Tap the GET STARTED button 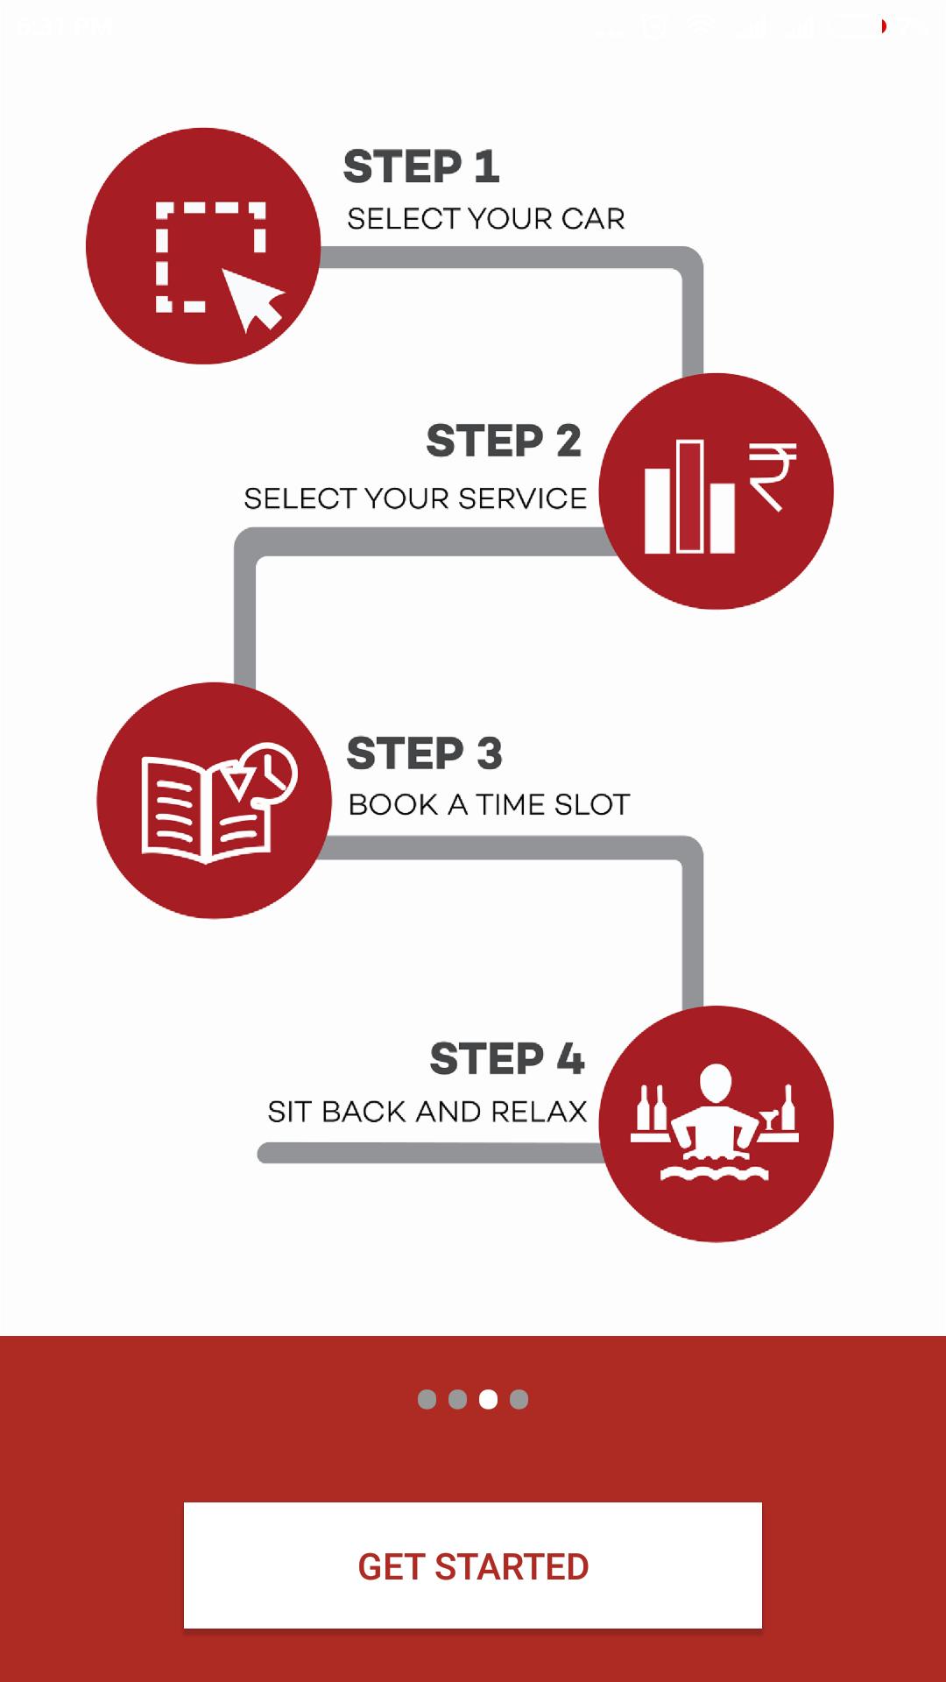[x=473, y=1565]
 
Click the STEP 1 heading [x=421, y=166]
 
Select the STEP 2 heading [x=504, y=441]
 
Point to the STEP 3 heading [x=425, y=753]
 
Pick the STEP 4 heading [x=507, y=1058]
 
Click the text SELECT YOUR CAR [x=486, y=219]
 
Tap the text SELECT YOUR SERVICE [x=415, y=498]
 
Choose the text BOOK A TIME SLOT [x=489, y=804]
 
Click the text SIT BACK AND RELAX [x=427, y=1111]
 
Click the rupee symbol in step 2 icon [x=772, y=476]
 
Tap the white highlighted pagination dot [x=489, y=1399]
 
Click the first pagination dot [x=427, y=1399]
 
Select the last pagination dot [x=519, y=1399]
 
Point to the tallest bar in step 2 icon [x=690, y=497]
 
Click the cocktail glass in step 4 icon [x=769, y=1119]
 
